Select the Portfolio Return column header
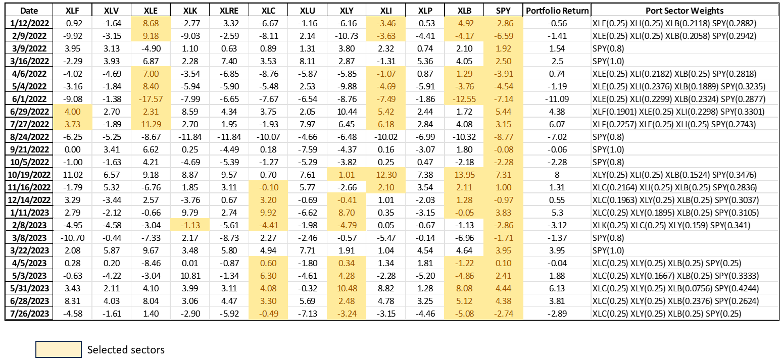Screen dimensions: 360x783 tap(557, 11)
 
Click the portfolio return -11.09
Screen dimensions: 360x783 tap(557, 99)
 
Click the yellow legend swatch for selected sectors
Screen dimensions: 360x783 tap(58, 349)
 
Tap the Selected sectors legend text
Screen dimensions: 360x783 tap(126, 350)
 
